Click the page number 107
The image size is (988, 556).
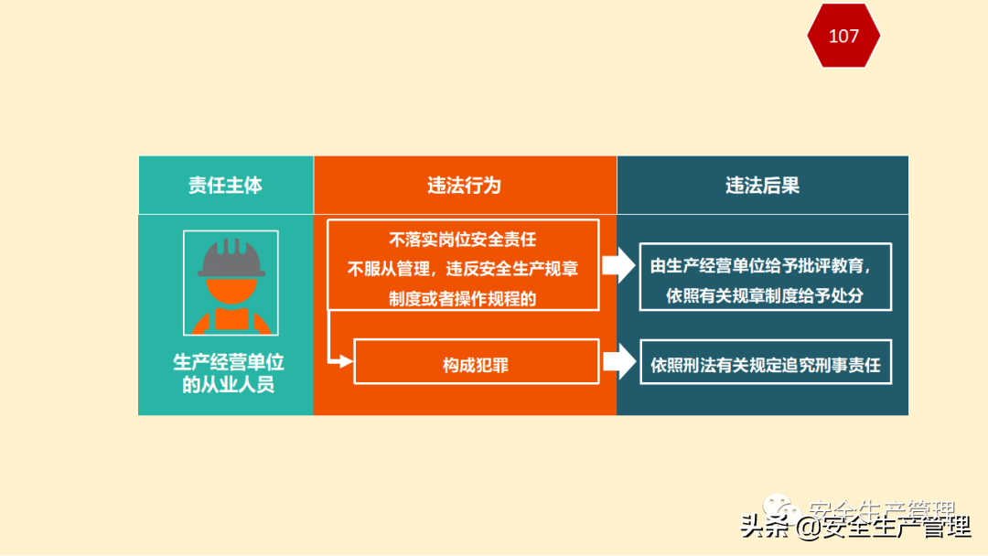843,36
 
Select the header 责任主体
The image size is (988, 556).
225,185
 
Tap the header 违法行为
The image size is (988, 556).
465,185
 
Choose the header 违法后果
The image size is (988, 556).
762,185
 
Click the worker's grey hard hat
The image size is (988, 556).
231,259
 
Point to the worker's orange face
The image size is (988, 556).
231,291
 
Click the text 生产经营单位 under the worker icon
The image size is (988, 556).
229,362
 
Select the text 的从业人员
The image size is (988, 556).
229,385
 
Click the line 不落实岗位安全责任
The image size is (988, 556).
463,241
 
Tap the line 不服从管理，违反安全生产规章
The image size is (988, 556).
463,269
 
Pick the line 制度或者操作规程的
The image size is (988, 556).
463,297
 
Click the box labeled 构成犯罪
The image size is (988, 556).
476,365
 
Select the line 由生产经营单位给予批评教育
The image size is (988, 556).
760,267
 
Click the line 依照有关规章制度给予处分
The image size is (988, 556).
765,295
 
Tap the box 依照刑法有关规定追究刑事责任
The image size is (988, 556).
765,365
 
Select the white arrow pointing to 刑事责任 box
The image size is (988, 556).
619,361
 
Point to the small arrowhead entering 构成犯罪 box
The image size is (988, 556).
345,361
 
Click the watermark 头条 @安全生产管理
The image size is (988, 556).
855,527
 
